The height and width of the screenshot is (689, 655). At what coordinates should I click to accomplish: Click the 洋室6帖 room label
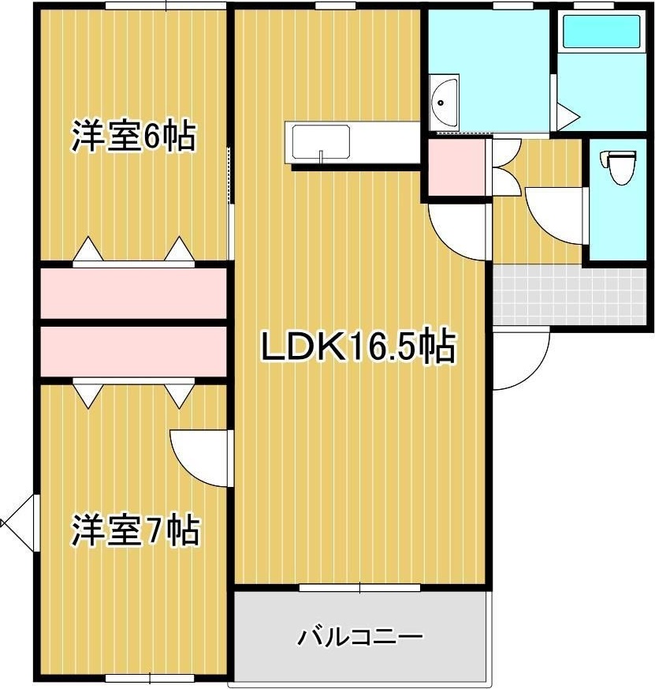tap(133, 137)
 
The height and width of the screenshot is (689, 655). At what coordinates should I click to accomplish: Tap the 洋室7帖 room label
tap(135, 530)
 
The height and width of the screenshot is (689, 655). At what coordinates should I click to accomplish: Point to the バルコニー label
tap(361, 636)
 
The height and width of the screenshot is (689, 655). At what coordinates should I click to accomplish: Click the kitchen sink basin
tap(322, 144)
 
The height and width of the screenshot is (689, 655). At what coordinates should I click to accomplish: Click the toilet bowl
tap(620, 167)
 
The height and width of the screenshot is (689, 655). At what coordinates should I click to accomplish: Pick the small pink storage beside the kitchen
tap(456, 167)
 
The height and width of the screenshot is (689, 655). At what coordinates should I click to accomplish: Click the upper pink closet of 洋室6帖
tap(133, 293)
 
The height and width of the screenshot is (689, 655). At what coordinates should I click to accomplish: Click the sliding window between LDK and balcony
tap(360, 587)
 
